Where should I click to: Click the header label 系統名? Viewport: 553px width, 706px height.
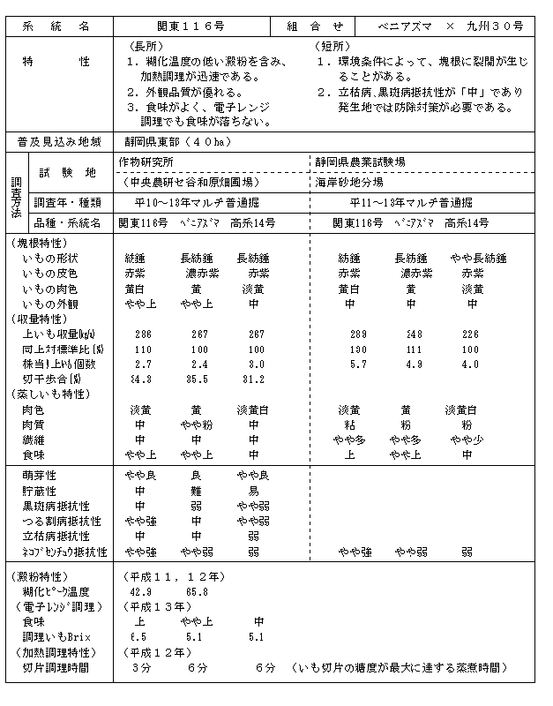tap(60, 26)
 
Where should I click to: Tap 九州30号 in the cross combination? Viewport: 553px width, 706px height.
tap(496, 26)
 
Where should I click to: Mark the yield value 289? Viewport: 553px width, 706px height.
tap(357, 334)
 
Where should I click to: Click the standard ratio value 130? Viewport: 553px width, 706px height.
tap(357, 349)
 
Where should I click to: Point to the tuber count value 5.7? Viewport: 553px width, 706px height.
tap(357, 364)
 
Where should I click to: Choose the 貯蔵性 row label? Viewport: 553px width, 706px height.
tap(40, 490)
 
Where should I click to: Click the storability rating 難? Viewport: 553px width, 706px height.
tap(197, 490)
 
